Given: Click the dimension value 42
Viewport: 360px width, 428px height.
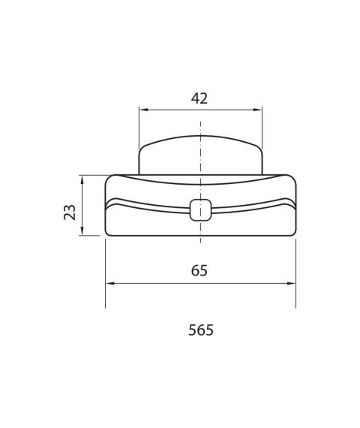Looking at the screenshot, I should pos(199,98).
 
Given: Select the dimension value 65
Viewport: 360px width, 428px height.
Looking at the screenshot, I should pos(199,270).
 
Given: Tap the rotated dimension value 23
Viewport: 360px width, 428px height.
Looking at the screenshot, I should pos(69,212).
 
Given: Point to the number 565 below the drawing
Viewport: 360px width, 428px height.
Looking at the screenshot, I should pos(199,330).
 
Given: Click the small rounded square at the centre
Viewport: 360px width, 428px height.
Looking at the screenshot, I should pos(200,210).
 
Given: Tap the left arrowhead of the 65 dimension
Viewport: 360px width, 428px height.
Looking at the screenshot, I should pos(109,283).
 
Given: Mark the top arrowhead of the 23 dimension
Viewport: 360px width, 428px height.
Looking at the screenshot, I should pos(82,179).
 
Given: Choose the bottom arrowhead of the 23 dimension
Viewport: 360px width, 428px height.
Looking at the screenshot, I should pos(82,232).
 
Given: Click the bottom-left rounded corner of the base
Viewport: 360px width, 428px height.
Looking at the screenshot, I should pos(109,232).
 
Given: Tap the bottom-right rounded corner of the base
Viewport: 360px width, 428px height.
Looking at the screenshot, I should pos(292,232).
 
